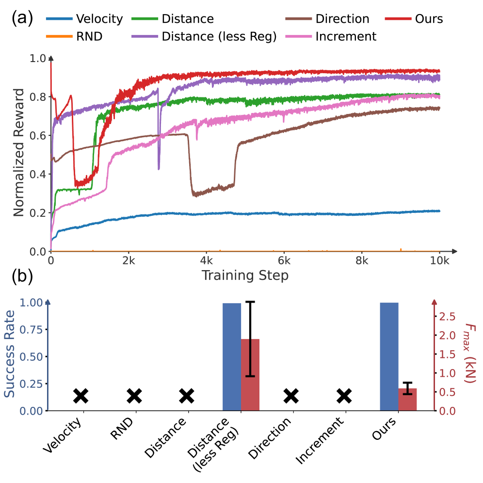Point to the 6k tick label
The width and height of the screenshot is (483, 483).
click(x=284, y=260)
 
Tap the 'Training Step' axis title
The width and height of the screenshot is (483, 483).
click(x=245, y=275)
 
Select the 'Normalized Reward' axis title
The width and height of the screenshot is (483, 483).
click(x=18, y=153)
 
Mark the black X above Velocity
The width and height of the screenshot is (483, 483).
click(x=81, y=396)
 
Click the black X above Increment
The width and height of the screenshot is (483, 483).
click(x=344, y=396)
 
